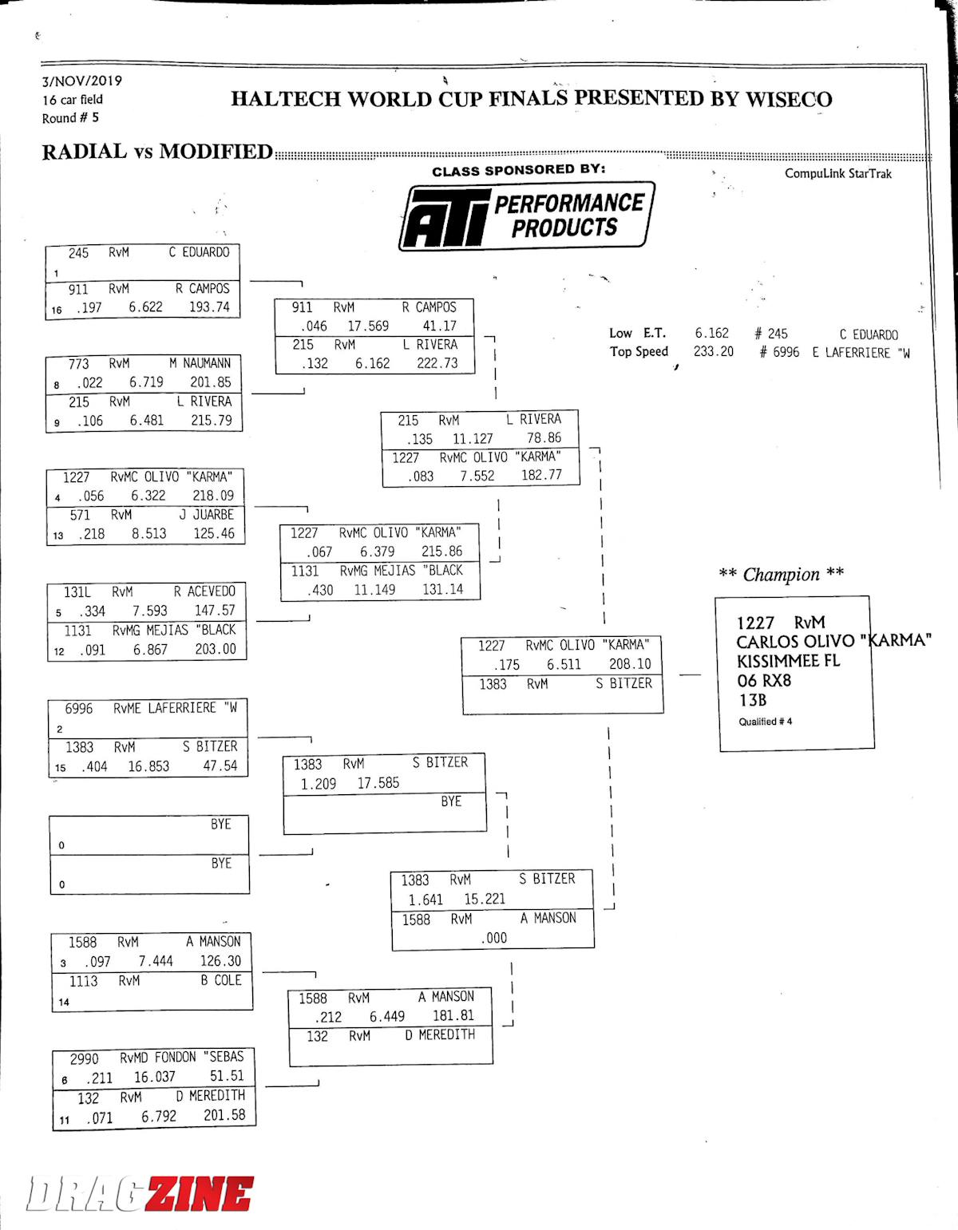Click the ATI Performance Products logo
pyautogui.click(x=526, y=216)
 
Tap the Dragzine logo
pyautogui.click(x=140, y=1194)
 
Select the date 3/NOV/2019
pyautogui.click(x=82, y=81)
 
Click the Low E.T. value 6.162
pyautogui.click(x=711, y=333)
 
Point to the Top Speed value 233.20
pyautogui.click(x=713, y=351)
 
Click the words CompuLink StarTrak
pyautogui.click(x=837, y=173)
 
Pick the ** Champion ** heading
pyautogui.click(x=781, y=574)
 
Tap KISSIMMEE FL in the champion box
pyautogui.click(x=788, y=661)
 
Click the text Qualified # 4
pyautogui.click(x=765, y=722)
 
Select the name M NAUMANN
pyautogui.click(x=200, y=363)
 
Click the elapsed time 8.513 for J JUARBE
pyautogui.click(x=149, y=534)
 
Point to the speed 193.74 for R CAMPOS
pyautogui.click(x=209, y=307)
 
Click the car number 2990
pyautogui.click(x=84, y=1058)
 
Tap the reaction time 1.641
pyautogui.click(x=426, y=900)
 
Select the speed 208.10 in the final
pyautogui.click(x=630, y=664)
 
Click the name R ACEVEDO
pyautogui.click(x=204, y=591)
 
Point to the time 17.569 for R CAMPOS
pyautogui.click(x=368, y=326)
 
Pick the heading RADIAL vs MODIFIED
pyautogui.click(x=157, y=152)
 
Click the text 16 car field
pyautogui.click(x=73, y=100)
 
